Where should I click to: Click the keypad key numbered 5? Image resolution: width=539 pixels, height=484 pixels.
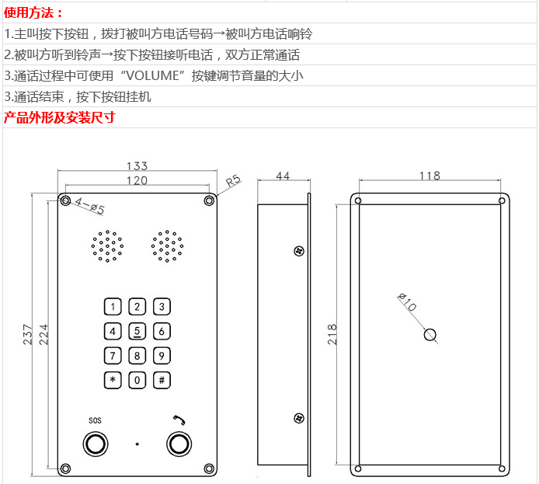pos(137,332)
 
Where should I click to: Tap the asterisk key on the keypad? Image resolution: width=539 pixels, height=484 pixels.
pos(113,381)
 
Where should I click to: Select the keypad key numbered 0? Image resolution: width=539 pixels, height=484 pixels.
pos(137,381)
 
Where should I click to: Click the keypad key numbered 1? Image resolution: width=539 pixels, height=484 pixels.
pos(113,307)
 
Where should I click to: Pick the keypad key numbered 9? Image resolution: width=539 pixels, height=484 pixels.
pos(162,357)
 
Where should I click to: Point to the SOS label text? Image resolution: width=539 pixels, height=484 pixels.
pos(95,420)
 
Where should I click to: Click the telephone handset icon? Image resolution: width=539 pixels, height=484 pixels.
pos(179,420)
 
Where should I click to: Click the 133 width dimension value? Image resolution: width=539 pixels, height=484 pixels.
pos(137,166)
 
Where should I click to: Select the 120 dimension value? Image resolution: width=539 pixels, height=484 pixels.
pos(137,180)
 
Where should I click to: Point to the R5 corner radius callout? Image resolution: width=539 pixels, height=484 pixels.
pos(234,182)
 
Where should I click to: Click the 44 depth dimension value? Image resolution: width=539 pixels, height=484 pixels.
pos(283,177)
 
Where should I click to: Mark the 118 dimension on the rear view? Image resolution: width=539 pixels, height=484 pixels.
pos(429,176)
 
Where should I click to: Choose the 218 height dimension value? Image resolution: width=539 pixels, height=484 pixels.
pos(332,334)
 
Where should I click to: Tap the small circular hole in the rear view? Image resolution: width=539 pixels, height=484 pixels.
pos(429,336)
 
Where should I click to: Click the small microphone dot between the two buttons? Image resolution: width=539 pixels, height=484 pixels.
pos(137,444)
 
